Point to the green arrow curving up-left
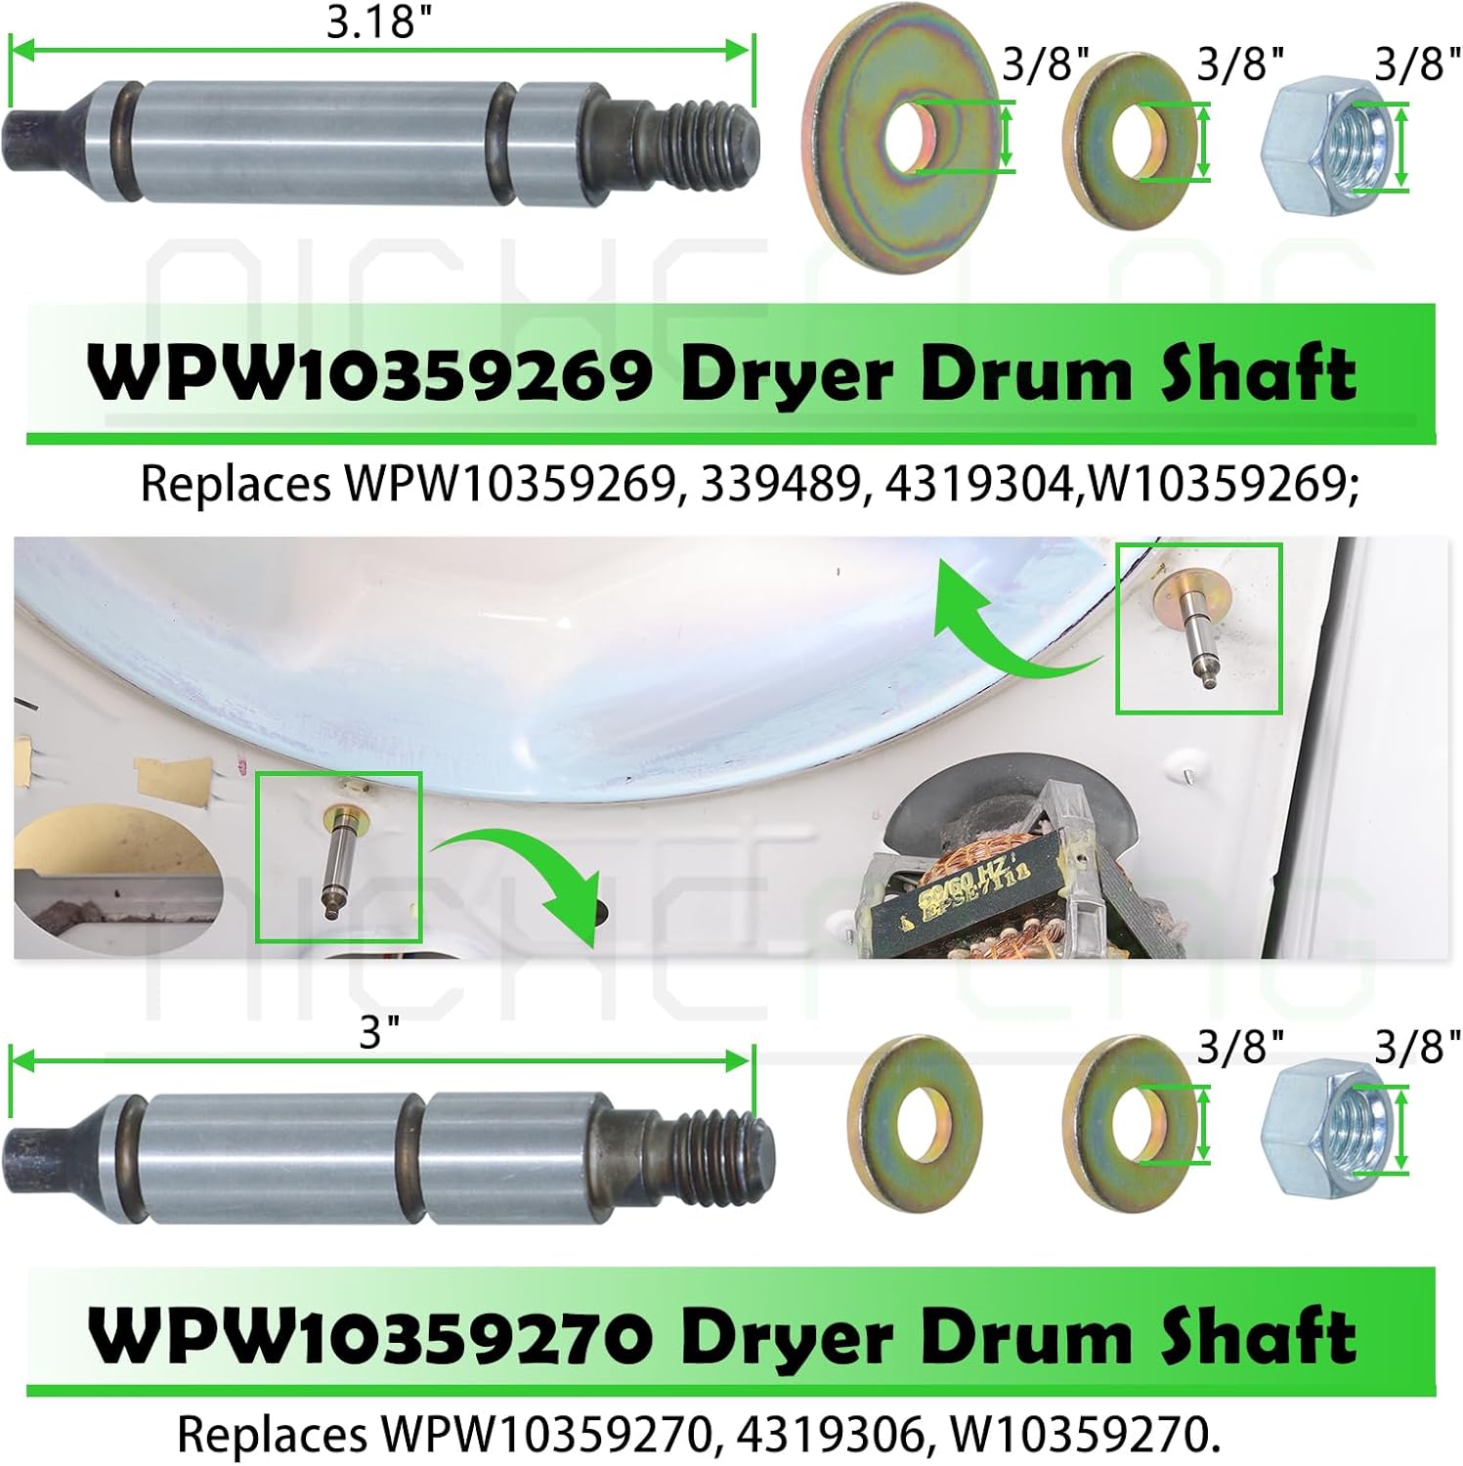click(1007, 625)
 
